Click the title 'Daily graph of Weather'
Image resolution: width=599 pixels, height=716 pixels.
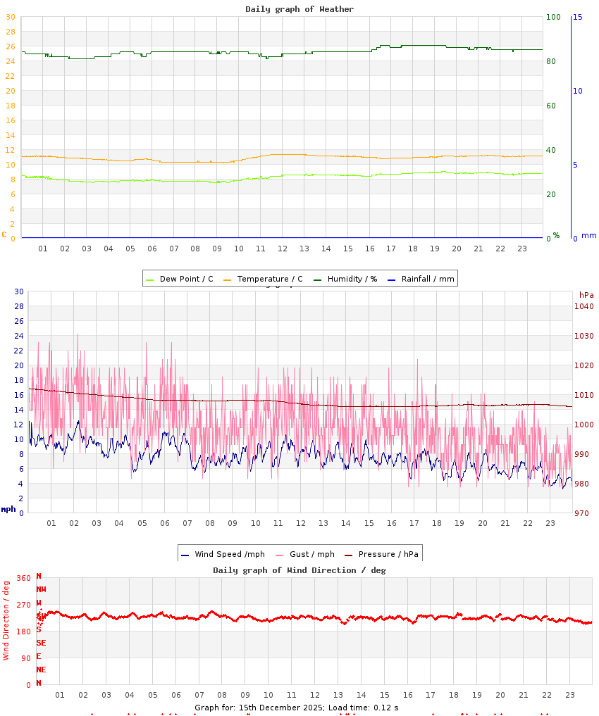coord(299,9)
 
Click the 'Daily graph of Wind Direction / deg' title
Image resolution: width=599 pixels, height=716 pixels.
coord(299,570)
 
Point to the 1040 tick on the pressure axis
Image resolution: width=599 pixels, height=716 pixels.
coord(584,306)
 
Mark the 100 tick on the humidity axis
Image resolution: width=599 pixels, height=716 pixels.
coord(553,17)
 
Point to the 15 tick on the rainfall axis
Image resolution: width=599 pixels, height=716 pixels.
coord(577,17)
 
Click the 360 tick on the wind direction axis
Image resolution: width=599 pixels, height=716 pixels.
coord(23,578)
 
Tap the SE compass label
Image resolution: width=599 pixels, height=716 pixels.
coord(41,643)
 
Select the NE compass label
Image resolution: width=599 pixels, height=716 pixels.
coord(41,670)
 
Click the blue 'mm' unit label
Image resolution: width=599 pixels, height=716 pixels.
coord(588,235)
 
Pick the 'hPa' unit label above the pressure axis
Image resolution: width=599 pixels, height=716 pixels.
coord(586,294)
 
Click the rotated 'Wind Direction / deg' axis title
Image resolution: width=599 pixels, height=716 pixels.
coord(6,620)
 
